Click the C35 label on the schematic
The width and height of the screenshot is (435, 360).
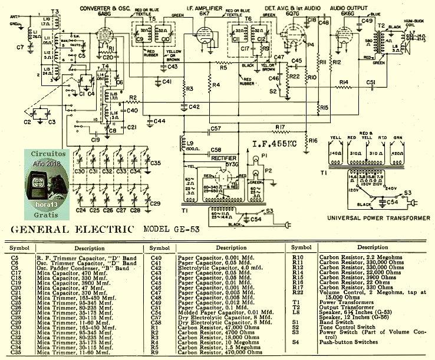coord(156,163)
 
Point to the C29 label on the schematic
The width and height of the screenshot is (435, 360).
coord(155,203)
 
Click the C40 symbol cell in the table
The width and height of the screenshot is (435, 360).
coord(156,258)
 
